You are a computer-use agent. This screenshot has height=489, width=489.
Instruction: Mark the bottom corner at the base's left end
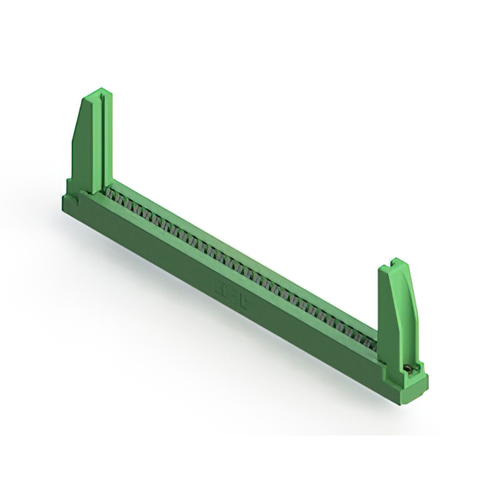tap(64, 208)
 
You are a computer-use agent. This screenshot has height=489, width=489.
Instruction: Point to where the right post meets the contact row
tap(377, 344)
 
